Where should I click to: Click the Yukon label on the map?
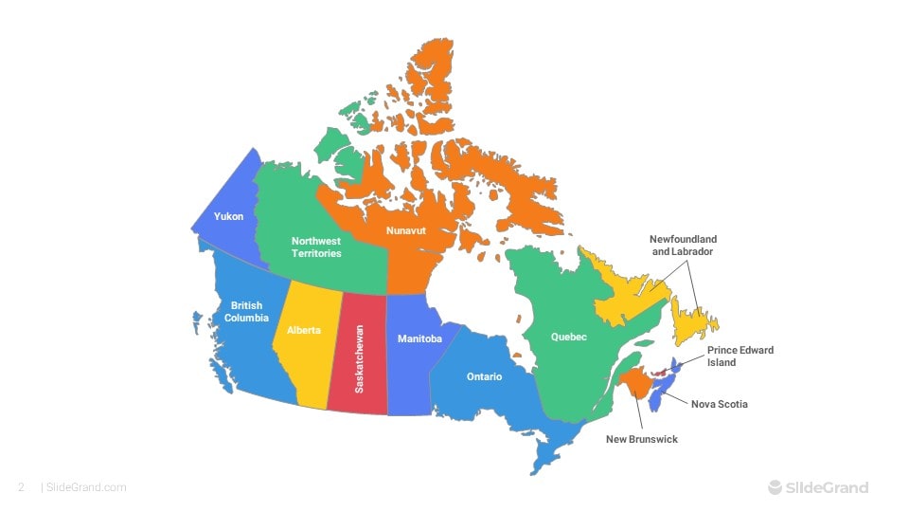[228, 217]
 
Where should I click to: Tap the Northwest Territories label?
[316, 247]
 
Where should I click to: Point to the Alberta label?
[304, 331]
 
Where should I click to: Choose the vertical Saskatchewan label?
[359, 359]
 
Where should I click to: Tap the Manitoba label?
[419, 339]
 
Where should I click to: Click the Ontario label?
[484, 377]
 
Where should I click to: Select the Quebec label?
[569, 338]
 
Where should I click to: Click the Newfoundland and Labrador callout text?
[683, 246]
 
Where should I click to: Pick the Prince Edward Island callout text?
[740, 357]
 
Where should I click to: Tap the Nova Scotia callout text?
[719, 405]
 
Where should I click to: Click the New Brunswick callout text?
[642, 440]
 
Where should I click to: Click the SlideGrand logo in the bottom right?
[817, 488]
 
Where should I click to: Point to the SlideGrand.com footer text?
[86, 488]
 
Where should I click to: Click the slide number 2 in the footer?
[21, 488]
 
